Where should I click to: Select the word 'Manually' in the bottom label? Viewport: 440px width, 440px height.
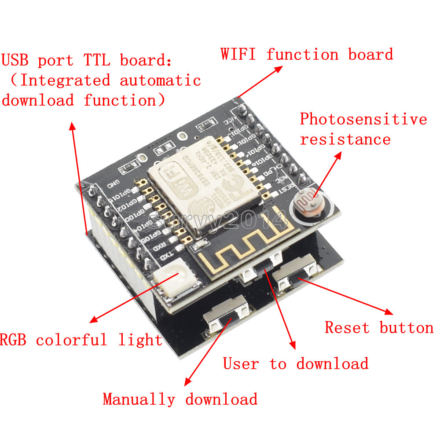(x=139, y=399)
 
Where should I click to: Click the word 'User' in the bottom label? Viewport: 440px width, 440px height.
(x=241, y=363)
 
